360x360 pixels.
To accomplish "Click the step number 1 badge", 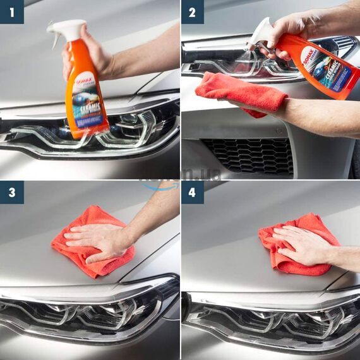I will pos(11,11).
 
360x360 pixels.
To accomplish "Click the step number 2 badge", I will pos(193,11).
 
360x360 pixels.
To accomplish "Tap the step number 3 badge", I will pos(11,192).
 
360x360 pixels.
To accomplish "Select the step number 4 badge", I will pos(193,192).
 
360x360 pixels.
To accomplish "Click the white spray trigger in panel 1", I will pos(66,28).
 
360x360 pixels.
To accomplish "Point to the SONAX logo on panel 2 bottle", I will pos(309,56).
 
